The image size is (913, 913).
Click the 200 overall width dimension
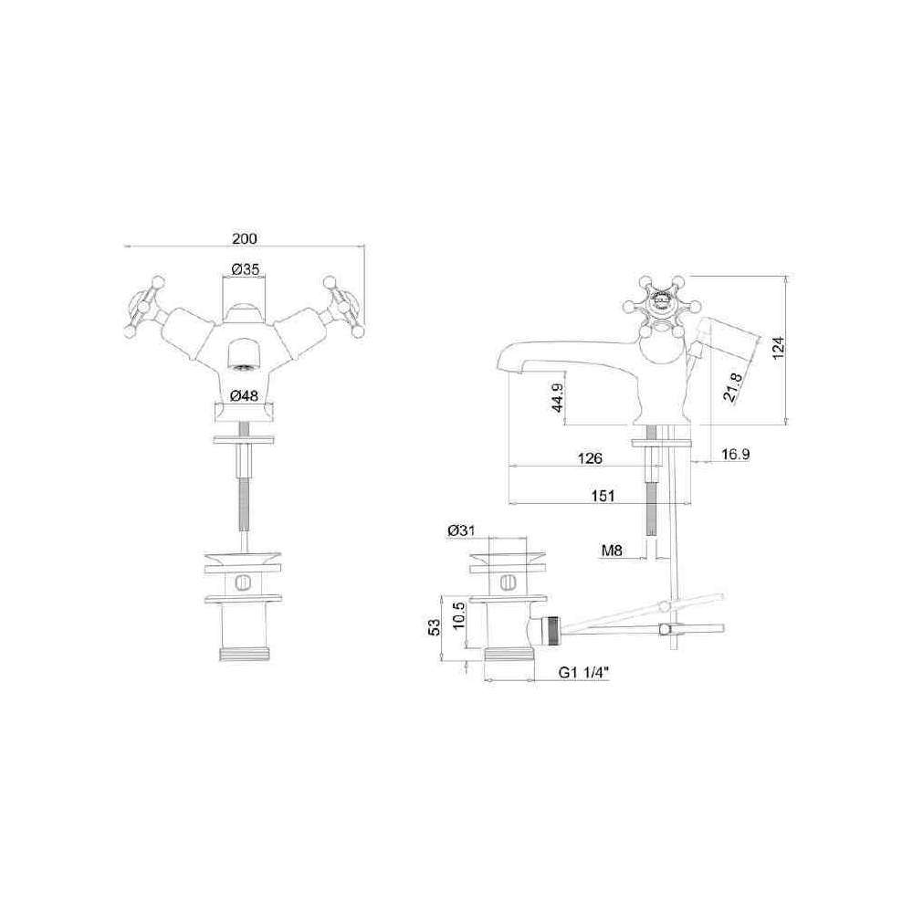(245, 238)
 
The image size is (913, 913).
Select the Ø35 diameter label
(245, 269)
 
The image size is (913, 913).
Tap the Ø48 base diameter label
(244, 395)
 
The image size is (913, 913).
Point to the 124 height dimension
(779, 348)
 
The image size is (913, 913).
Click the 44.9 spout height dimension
(558, 398)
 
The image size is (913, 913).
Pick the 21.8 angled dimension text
(733, 387)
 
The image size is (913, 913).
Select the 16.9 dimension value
(735, 454)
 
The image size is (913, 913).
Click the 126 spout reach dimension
(590, 458)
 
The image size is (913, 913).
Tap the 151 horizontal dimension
(603, 496)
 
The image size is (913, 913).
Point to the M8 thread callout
(612, 550)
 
